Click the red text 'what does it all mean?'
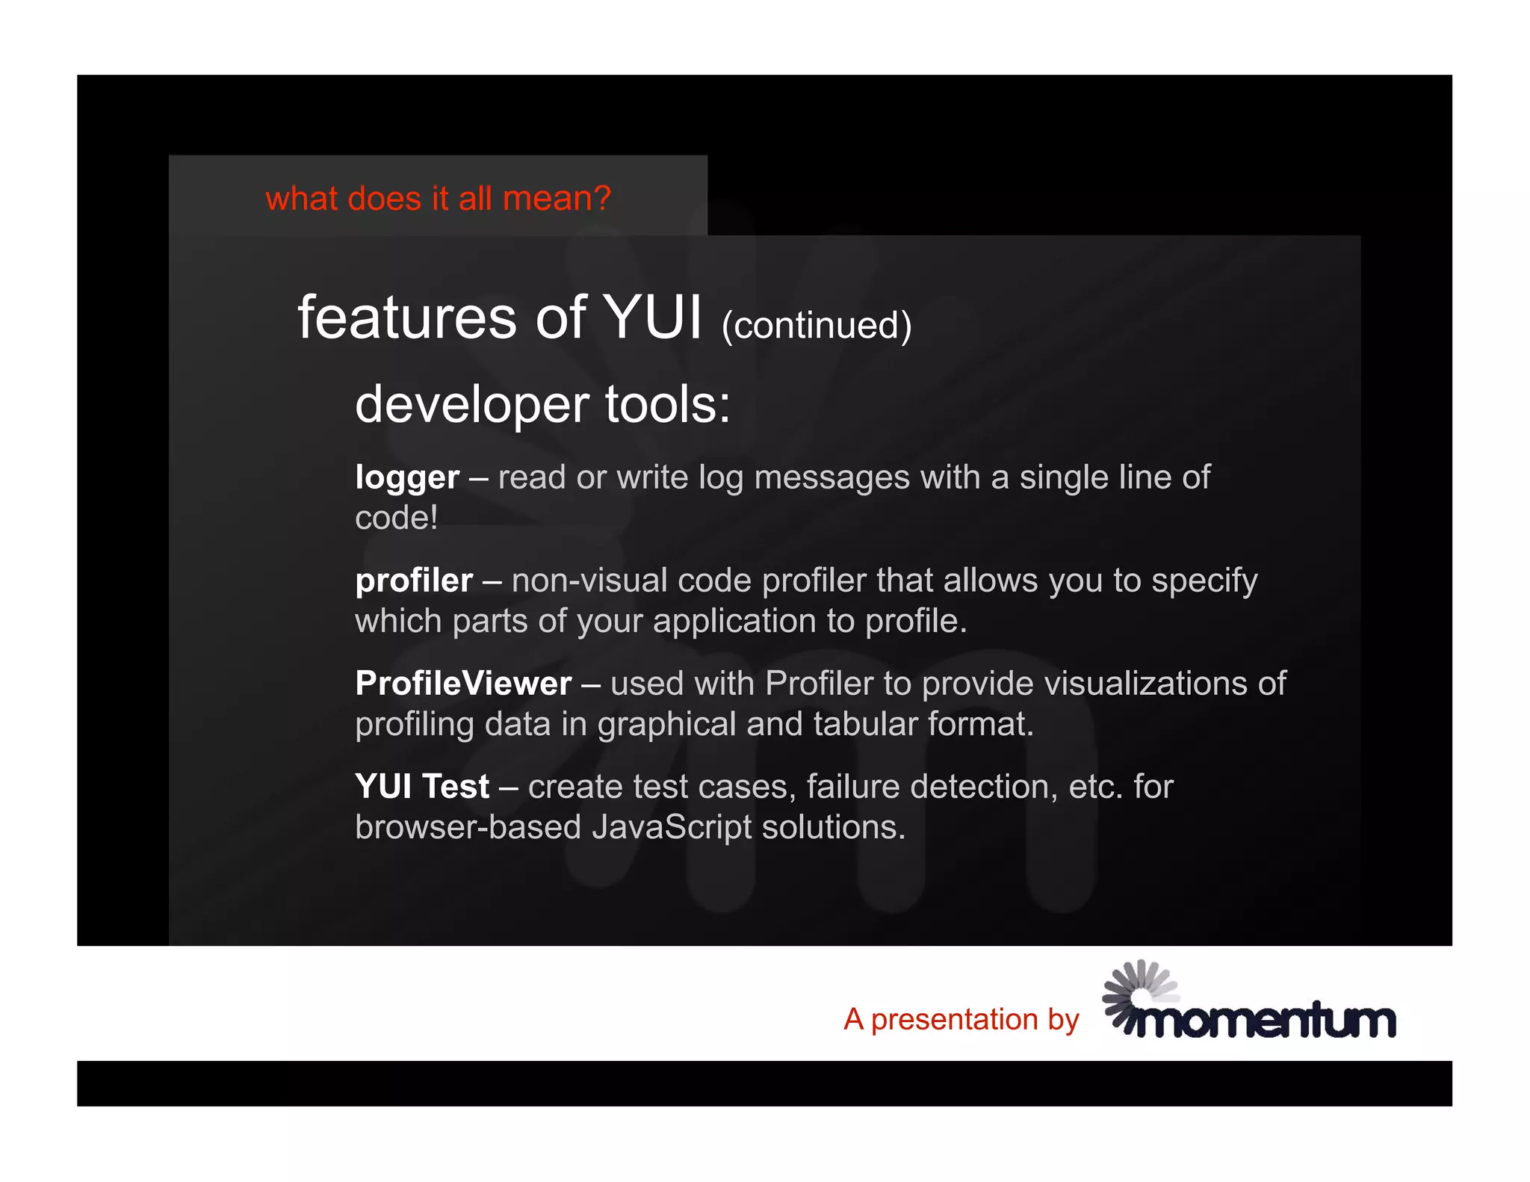point(438,199)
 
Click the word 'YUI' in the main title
point(652,318)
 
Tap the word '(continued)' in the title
point(817,326)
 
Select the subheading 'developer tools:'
point(542,404)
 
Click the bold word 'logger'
point(407,478)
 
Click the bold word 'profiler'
point(414,581)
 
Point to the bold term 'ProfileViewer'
point(463,684)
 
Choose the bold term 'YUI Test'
point(422,787)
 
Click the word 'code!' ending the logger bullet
point(396,518)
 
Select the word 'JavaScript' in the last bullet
point(672,827)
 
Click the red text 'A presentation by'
point(961,1019)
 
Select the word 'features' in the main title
point(407,318)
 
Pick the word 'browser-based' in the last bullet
point(468,827)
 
